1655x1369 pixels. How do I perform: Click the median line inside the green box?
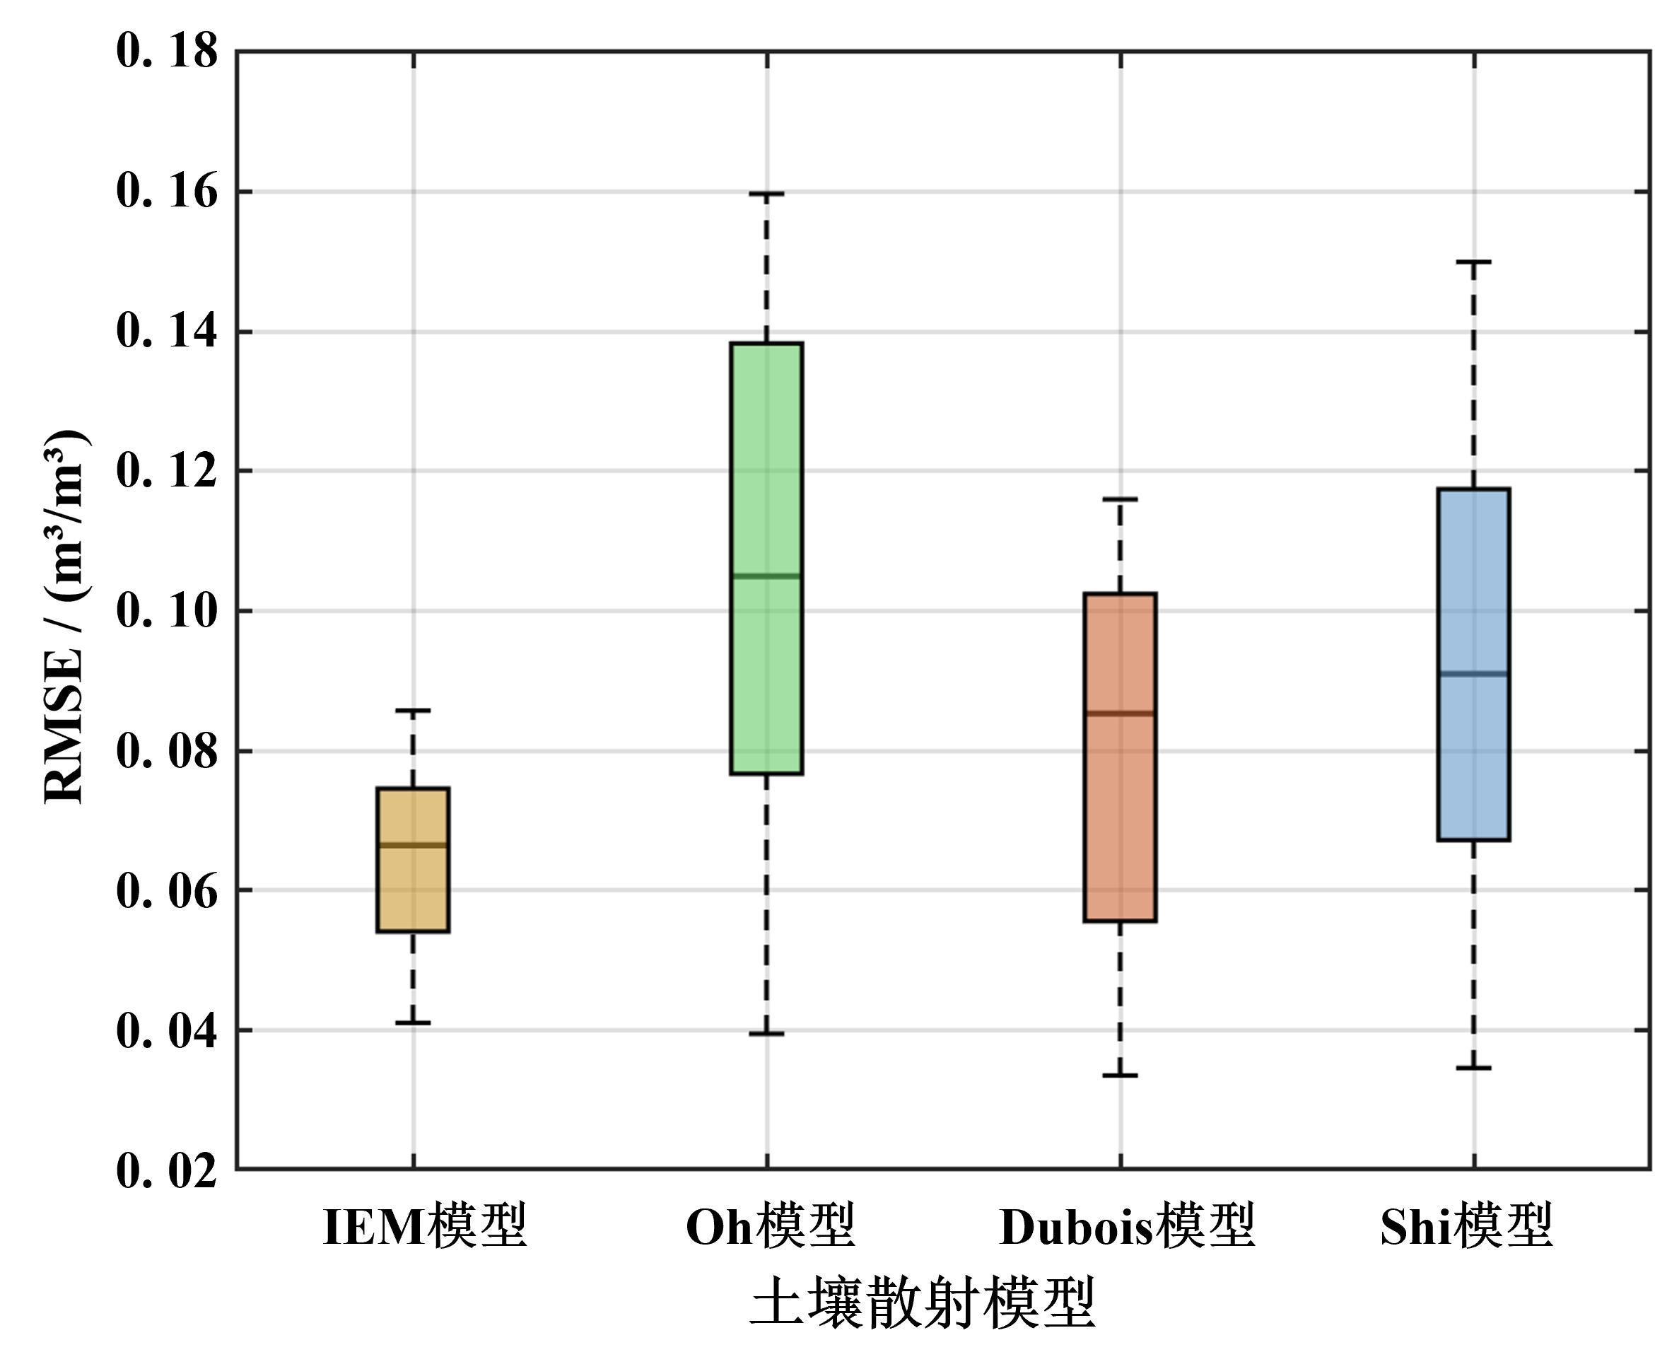click(x=767, y=576)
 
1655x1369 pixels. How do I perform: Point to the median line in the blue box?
click(x=1473, y=674)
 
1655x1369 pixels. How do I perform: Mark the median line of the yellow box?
click(x=413, y=845)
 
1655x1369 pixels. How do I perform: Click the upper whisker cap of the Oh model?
click(x=767, y=193)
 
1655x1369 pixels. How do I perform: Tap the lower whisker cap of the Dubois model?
click(x=1120, y=1075)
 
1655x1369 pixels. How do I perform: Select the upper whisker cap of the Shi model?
click(x=1473, y=261)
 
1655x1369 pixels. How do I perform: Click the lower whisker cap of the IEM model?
click(x=413, y=1023)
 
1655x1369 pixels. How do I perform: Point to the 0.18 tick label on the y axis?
click(x=167, y=52)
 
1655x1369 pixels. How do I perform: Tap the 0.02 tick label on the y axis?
click(x=167, y=1170)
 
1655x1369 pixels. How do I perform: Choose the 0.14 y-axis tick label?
click(x=167, y=331)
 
